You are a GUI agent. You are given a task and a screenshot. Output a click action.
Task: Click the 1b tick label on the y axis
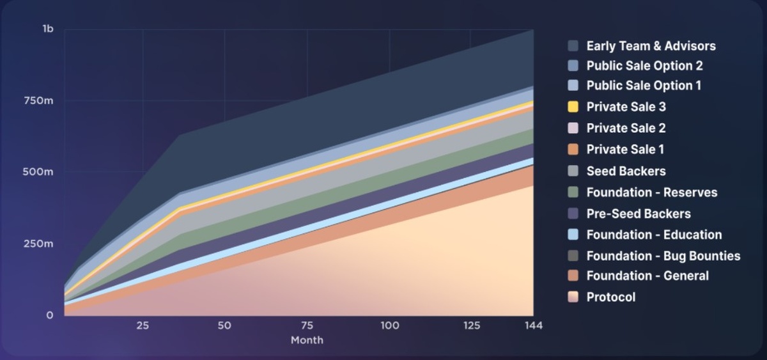pos(48,29)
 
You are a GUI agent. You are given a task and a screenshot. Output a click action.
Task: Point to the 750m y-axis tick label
pos(39,100)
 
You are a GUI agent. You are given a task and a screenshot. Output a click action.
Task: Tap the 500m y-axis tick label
pos(39,172)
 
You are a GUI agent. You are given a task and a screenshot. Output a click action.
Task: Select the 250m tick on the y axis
pos(39,244)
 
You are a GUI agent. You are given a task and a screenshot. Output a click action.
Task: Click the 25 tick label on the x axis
pos(143,325)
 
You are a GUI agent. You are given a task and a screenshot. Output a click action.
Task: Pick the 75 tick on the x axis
pos(307,325)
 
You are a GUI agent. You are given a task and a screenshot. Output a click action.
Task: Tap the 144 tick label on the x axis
pos(533,325)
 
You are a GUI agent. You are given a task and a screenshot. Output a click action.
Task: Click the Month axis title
pos(307,340)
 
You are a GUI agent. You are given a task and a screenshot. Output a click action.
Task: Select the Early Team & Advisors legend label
pos(651,46)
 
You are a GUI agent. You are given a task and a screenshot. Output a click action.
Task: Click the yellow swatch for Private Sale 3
pos(573,107)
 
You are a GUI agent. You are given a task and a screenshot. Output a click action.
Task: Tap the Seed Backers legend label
pos(626,171)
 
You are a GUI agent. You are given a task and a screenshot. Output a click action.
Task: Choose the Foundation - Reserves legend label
pos(651,192)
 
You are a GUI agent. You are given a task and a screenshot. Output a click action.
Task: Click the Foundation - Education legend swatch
pos(573,235)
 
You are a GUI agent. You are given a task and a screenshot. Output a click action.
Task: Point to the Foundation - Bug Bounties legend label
pos(663,256)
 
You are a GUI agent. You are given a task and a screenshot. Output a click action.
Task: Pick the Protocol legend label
pos(610,297)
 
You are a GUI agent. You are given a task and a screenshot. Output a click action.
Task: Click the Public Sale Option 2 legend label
pos(644,66)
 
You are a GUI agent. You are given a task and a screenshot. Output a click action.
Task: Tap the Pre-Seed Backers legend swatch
pos(573,214)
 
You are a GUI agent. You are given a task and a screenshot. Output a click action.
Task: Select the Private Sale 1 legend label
pos(625,150)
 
